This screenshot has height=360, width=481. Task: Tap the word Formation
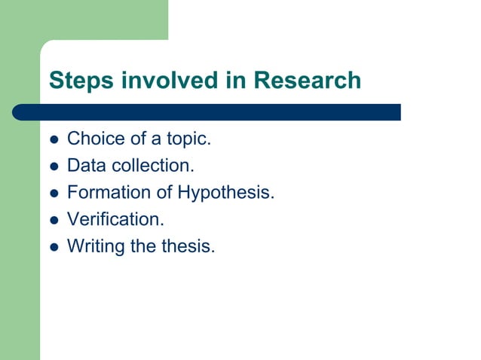(109, 192)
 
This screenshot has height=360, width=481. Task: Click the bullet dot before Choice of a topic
(53, 140)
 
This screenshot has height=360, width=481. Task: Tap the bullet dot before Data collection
(53, 166)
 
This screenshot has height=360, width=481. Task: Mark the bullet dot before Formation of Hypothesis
(53, 193)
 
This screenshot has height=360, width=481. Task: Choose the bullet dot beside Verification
(53, 219)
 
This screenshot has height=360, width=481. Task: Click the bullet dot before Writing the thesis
(53, 246)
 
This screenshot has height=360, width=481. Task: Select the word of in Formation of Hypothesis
(164, 192)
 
